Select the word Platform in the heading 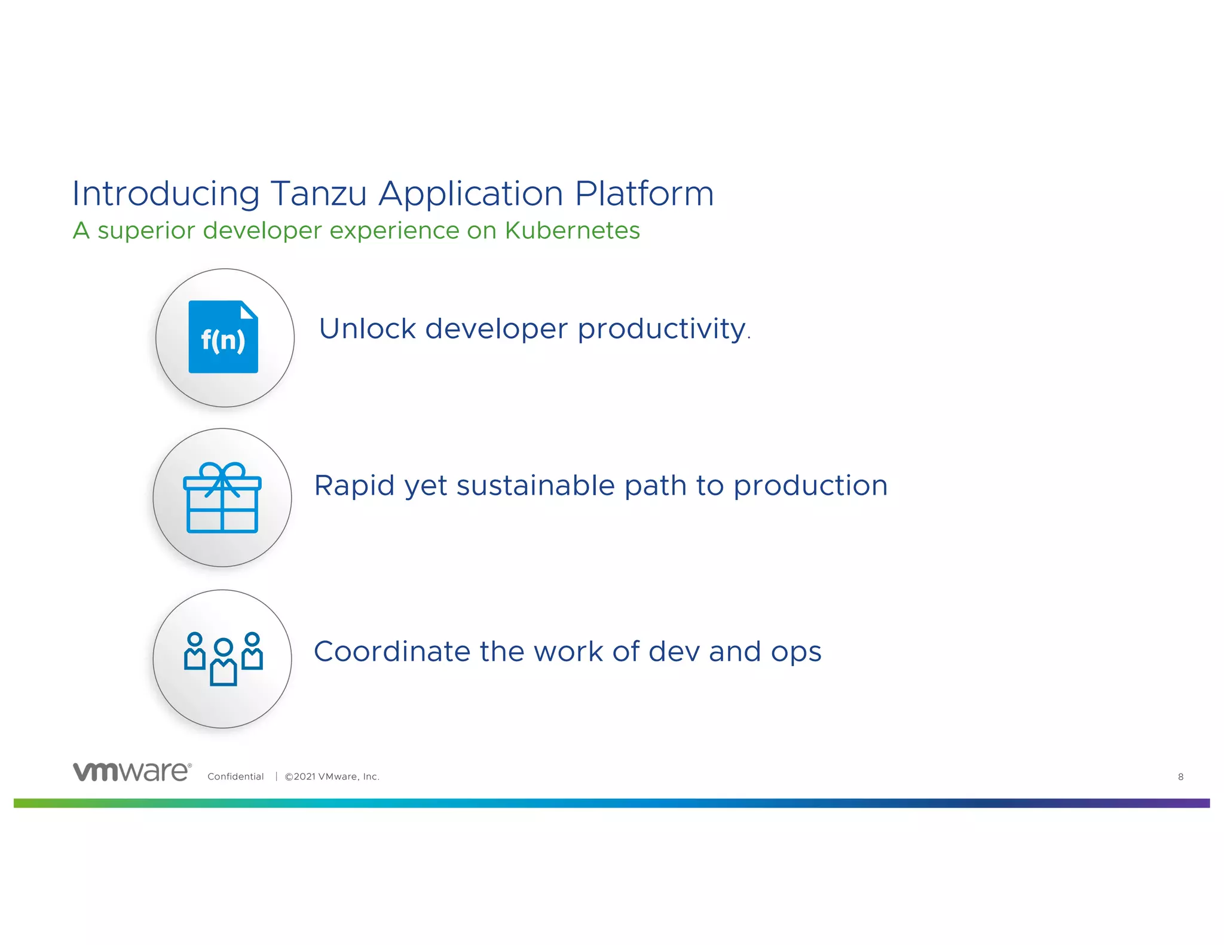tap(644, 194)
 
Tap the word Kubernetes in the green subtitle tap(572, 231)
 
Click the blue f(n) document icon tap(223, 337)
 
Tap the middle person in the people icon tap(224, 662)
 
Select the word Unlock tap(367, 329)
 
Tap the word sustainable tap(535, 486)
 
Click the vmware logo tap(132, 772)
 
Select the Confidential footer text tap(235, 777)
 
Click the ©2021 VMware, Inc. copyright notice tap(332, 777)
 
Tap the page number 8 tap(1180, 777)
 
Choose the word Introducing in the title tap(166, 194)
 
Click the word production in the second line tap(810, 486)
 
